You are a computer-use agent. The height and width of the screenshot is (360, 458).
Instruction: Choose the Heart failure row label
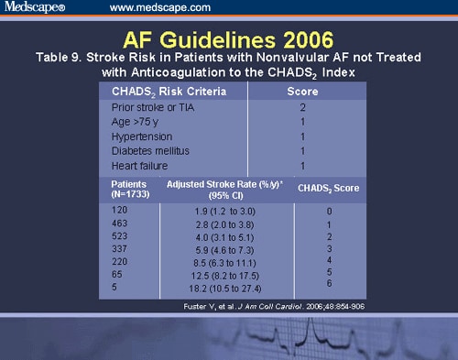(x=138, y=165)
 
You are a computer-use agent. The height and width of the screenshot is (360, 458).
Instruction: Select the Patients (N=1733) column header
(x=121, y=191)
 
